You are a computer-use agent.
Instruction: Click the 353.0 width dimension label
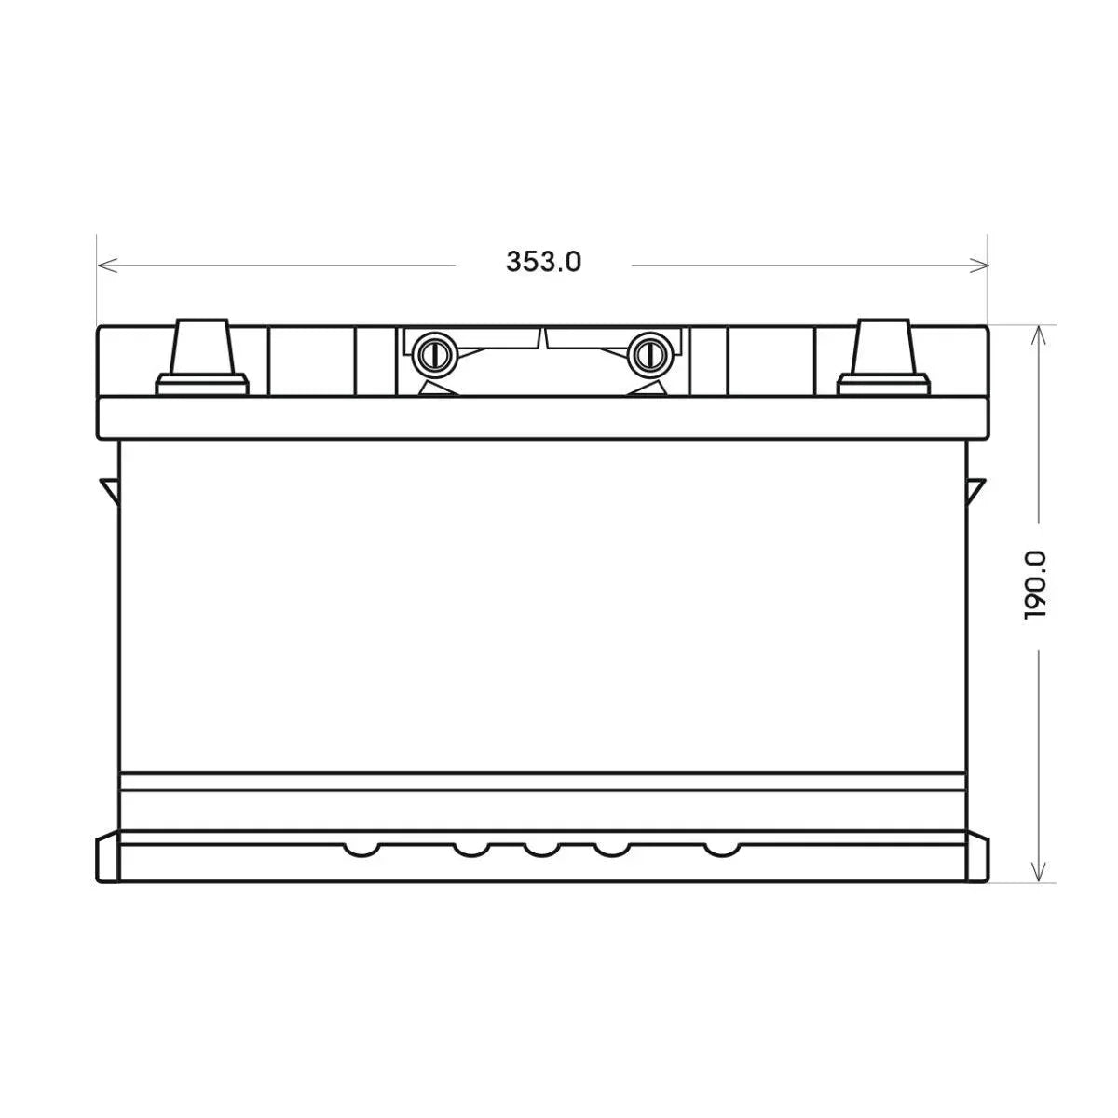543,262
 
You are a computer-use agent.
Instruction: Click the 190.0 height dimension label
1036,585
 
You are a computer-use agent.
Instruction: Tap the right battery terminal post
882,347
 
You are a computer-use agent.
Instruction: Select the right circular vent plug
649,353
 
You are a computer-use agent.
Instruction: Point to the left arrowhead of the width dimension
108,266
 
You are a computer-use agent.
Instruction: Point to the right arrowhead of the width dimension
978,266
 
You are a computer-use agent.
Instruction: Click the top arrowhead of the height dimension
1038,335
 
